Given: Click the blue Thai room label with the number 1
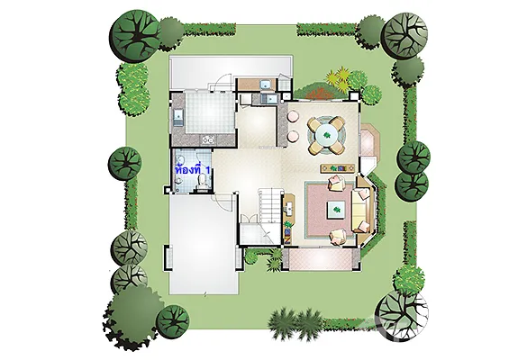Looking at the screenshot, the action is tap(193, 171).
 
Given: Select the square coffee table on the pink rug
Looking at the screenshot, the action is tap(336, 210).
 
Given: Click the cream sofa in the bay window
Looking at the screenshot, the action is tap(360, 210).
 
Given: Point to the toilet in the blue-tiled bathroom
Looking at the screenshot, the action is tap(202, 182).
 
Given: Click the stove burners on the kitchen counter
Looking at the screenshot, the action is tap(208, 140).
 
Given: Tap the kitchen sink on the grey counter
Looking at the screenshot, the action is tap(177, 117).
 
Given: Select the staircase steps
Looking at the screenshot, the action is tap(270, 206).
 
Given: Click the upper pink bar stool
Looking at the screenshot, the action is tap(293, 116).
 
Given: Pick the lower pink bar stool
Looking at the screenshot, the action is tap(293, 136).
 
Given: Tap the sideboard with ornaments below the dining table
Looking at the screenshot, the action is tap(338, 168).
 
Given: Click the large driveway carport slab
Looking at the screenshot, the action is tap(204, 244).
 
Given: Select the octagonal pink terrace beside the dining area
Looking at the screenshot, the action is tap(369, 139).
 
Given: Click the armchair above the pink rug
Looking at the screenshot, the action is tap(337, 183).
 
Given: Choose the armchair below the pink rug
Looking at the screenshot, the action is tap(340, 237).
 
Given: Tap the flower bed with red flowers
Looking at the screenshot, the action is tap(320, 93).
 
